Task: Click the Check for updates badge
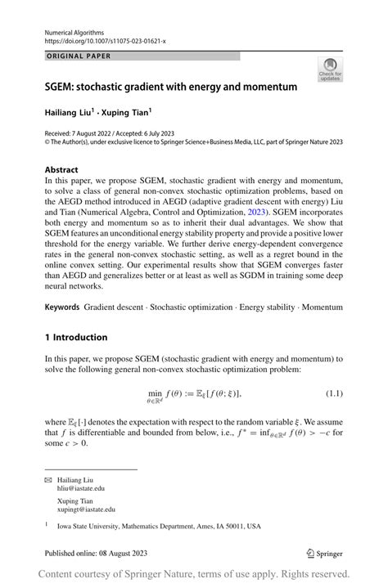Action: (x=330, y=70)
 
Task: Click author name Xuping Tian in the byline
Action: (x=127, y=111)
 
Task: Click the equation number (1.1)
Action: (x=332, y=393)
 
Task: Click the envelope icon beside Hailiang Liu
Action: (x=48, y=478)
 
